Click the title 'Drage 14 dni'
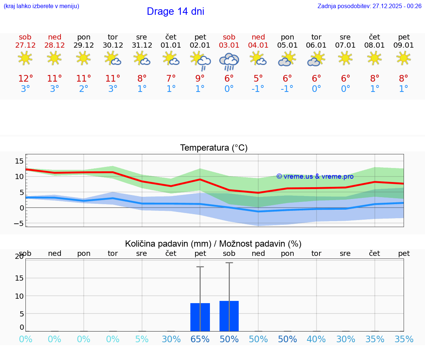tap(175, 11)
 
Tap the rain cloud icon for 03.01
tap(229, 61)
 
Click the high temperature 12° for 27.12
tap(25, 79)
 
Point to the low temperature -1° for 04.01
tap(258, 89)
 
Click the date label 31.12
tap(142, 45)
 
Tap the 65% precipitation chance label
tap(200, 339)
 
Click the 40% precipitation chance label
tap(317, 339)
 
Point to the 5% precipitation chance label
tap(142, 339)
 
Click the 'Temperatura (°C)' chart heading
tap(214, 148)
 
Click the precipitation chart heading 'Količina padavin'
tap(213, 244)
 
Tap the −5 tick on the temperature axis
tap(19, 223)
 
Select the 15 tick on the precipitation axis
tap(19, 278)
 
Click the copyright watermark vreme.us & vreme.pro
tap(315, 176)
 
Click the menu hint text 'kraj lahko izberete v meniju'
tap(41, 6)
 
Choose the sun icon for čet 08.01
tap(375, 58)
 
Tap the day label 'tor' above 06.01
tap(317, 37)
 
